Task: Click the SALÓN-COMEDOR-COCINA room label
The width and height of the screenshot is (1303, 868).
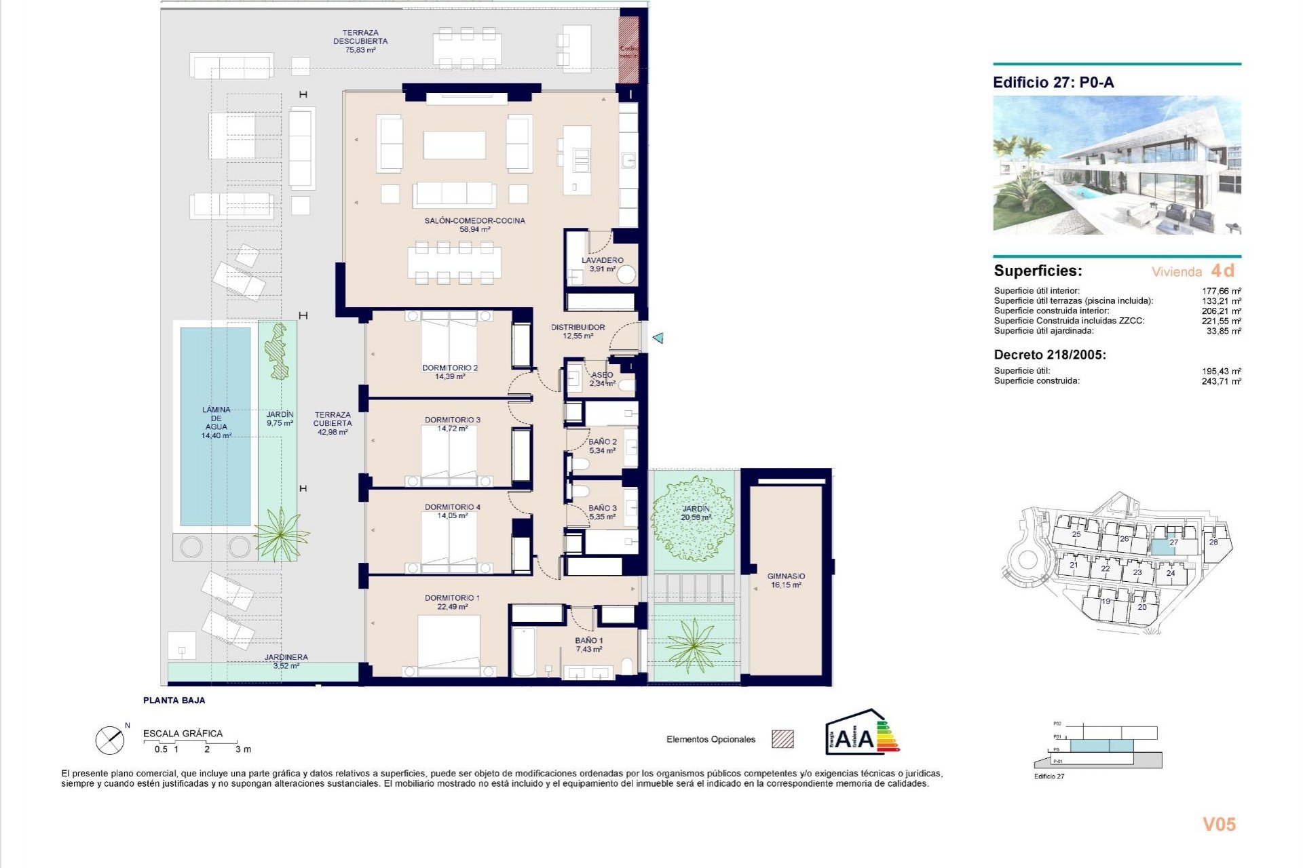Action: tap(474, 224)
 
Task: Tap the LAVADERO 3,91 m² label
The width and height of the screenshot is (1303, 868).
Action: tap(602, 264)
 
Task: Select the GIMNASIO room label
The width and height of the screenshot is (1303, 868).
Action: tap(786, 580)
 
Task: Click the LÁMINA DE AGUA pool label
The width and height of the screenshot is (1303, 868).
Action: tap(216, 422)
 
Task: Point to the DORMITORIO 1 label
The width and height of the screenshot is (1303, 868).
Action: tap(452, 602)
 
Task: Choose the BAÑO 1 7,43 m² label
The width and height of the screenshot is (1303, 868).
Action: tap(588, 645)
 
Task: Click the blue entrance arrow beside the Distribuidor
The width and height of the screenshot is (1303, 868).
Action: tap(658, 337)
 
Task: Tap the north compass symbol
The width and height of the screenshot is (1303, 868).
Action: tap(110, 740)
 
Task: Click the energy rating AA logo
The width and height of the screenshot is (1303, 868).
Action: tap(861, 733)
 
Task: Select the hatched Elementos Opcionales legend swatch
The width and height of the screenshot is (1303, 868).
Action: tap(782, 739)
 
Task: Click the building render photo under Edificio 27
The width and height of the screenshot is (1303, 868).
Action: tap(1116, 165)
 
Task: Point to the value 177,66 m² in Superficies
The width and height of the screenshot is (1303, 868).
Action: tap(1221, 291)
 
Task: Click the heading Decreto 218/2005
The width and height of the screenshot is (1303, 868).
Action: tap(1049, 355)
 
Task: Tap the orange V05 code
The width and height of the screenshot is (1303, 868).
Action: tap(1219, 825)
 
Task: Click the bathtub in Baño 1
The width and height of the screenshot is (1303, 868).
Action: tap(523, 652)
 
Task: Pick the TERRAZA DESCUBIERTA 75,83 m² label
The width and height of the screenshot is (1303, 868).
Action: tap(360, 41)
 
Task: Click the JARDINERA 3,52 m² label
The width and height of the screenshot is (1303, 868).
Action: tap(286, 661)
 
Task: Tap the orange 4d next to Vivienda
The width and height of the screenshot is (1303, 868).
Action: tap(1223, 271)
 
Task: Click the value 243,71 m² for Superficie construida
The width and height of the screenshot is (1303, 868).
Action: tap(1221, 382)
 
